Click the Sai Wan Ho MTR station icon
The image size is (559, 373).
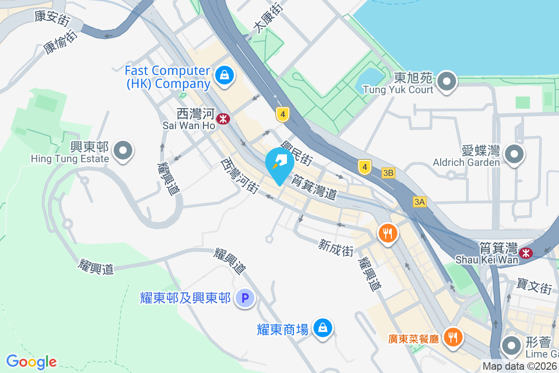tap(224, 118)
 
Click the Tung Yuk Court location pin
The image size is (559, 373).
tap(447, 82)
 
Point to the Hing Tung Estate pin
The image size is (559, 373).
tap(123, 152)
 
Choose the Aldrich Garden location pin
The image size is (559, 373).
tap(514, 153)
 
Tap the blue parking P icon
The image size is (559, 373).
tap(245, 297)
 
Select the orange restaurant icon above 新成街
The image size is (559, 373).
tap(388, 232)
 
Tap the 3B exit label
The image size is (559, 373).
tap(388, 173)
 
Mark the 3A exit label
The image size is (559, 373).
tap(419, 201)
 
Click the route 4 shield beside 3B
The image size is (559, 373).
tap(365, 166)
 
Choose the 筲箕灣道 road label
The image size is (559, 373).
tap(314, 186)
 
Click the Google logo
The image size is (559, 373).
tap(31, 362)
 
